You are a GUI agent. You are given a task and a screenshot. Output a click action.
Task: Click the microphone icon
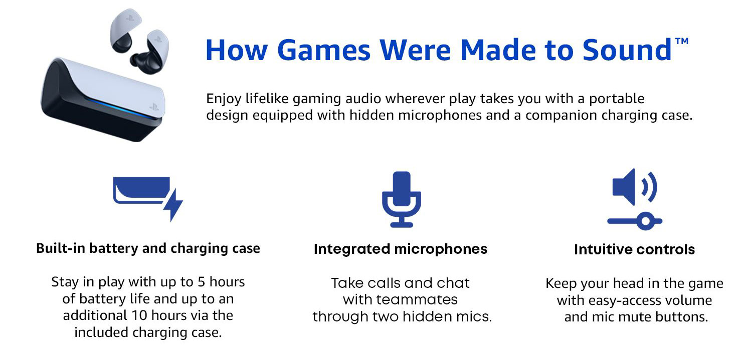[402, 199]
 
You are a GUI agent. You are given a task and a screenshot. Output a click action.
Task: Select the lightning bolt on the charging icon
[173, 205]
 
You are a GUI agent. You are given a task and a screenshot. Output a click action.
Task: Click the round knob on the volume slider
[645, 221]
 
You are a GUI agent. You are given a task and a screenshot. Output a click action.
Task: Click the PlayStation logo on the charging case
[154, 107]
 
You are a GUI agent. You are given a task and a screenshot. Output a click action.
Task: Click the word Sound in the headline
[627, 51]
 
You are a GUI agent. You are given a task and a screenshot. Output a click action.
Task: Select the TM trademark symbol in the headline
[682, 41]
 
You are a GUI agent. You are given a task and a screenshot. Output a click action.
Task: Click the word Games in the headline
[323, 51]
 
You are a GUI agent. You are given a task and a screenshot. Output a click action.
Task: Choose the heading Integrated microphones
[401, 249]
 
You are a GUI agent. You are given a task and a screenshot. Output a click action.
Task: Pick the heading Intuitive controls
[635, 249]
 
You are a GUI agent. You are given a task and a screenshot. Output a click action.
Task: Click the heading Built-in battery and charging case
[148, 248]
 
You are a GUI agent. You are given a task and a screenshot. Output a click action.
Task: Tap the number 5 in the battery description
[202, 282]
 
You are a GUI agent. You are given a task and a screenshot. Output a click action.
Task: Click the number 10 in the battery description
[139, 315]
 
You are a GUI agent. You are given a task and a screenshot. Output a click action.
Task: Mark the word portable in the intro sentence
[617, 99]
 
